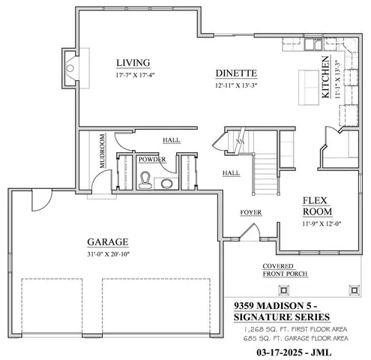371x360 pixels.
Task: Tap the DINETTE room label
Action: click(x=236, y=73)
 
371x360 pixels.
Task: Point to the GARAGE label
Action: click(x=107, y=241)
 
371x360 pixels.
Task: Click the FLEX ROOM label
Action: click(x=317, y=206)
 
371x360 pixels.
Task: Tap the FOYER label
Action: click(x=250, y=212)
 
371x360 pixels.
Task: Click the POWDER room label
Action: click(x=151, y=159)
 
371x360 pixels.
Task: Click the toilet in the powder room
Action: click(x=147, y=178)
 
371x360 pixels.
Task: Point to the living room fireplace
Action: click(x=70, y=68)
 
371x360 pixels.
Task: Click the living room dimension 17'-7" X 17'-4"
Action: click(x=133, y=75)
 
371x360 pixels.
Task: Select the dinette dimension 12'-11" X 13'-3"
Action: click(x=236, y=85)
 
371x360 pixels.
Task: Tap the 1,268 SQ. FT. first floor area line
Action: click(x=295, y=329)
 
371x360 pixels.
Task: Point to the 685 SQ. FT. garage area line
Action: click(x=295, y=339)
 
